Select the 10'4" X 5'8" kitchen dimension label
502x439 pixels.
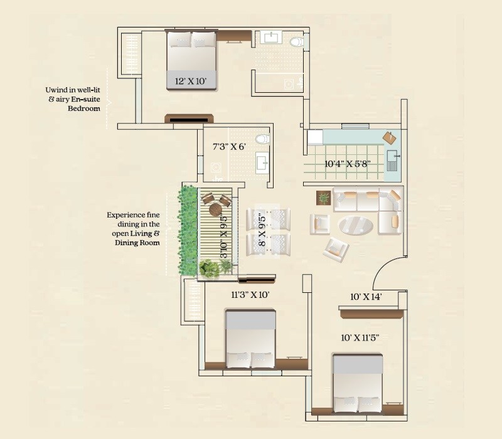(347, 164)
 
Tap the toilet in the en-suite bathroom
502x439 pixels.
(296, 41)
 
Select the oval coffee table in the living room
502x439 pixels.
(355, 225)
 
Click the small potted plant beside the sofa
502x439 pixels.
(324, 198)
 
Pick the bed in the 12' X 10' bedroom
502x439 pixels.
(191, 60)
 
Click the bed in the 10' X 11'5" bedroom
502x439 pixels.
(357, 383)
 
